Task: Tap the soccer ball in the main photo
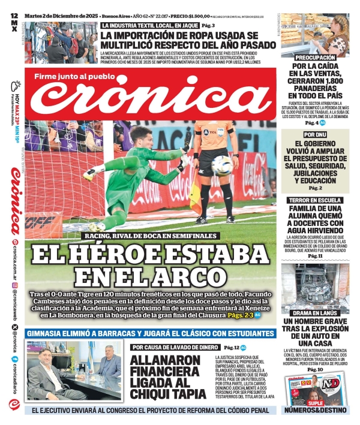[221, 165]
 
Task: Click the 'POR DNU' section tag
[314, 135]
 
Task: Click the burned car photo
[314, 285]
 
